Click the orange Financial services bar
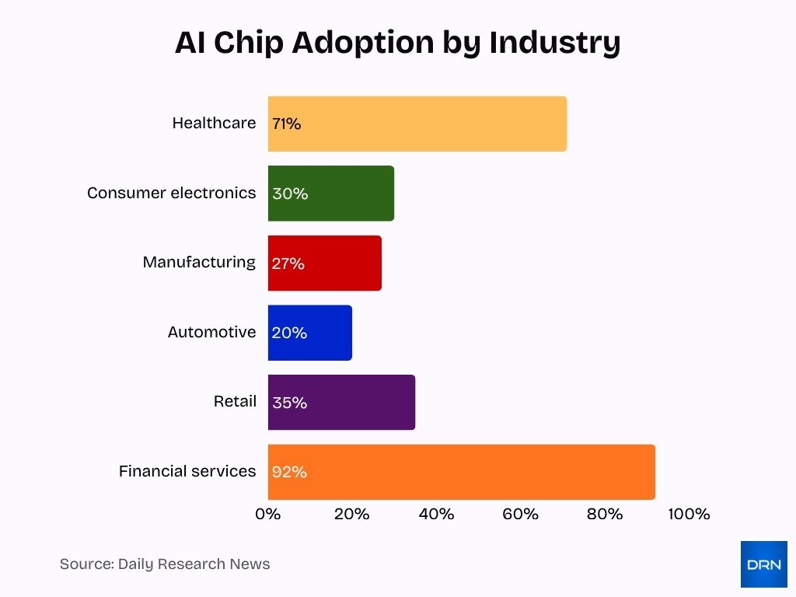coord(461,472)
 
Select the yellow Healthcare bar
coord(417,124)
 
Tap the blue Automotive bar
coord(310,333)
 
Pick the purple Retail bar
coord(341,403)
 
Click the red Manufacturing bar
coord(325,264)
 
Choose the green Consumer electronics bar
coord(331,194)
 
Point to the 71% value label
coord(286,124)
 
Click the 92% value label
coord(289,472)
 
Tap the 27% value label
coord(288,264)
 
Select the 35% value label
coord(289,403)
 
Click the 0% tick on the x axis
coord(267,515)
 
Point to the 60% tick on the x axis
coord(520,515)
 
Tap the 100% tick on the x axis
coord(689,515)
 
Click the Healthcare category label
coord(214,123)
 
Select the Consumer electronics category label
coord(171,193)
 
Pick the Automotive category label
coord(211,332)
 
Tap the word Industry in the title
coord(554,43)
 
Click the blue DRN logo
coord(763,564)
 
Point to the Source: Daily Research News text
coord(165,564)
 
